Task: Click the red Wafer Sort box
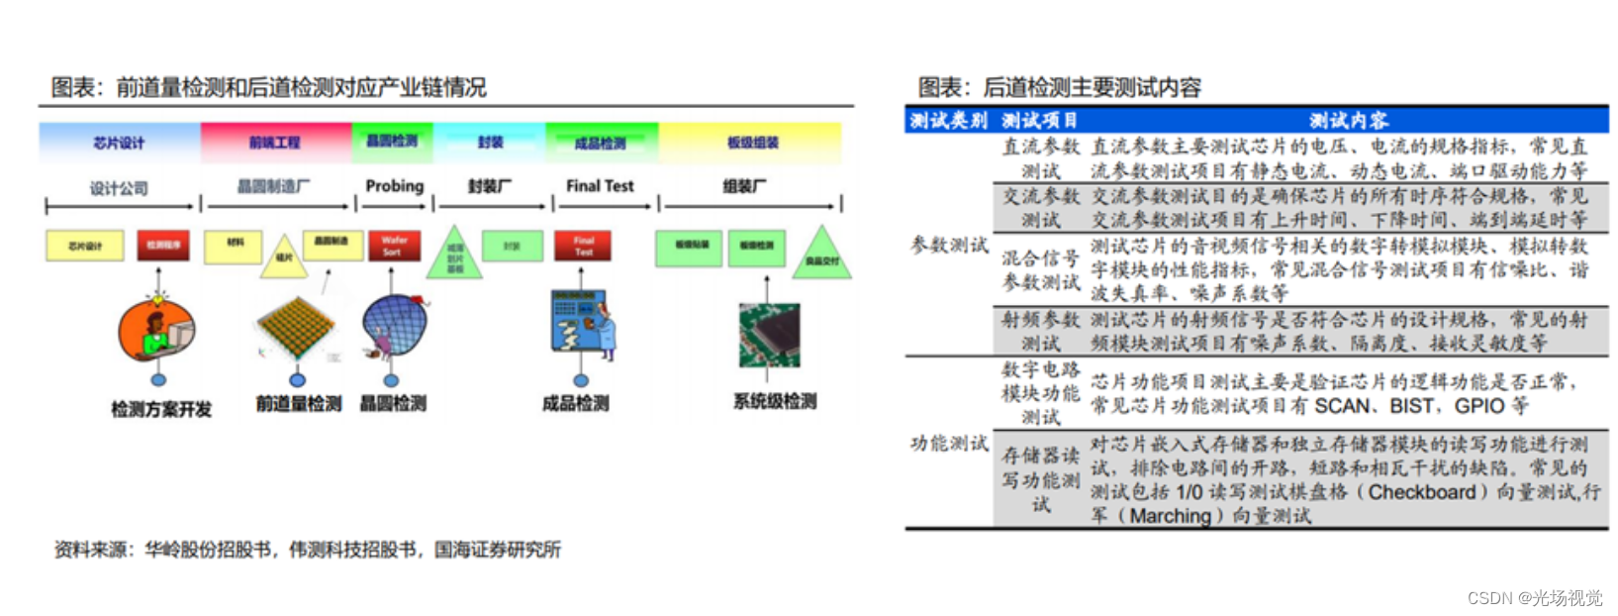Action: click(x=394, y=246)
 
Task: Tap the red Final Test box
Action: click(x=583, y=246)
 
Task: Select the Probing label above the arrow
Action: click(x=394, y=185)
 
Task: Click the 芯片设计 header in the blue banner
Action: click(x=119, y=143)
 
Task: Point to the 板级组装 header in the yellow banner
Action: click(x=752, y=143)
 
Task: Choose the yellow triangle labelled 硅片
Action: click(x=284, y=257)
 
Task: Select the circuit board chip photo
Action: click(x=769, y=335)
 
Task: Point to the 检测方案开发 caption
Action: click(x=161, y=409)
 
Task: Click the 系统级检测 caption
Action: click(x=775, y=401)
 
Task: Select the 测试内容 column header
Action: click(x=1348, y=121)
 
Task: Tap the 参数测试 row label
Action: click(x=949, y=245)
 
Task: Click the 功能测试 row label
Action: click(x=949, y=443)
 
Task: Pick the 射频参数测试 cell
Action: click(x=1040, y=331)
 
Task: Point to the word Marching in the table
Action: click(x=1171, y=516)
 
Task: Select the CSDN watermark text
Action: click(x=1534, y=597)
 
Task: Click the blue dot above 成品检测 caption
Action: click(x=581, y=380)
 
